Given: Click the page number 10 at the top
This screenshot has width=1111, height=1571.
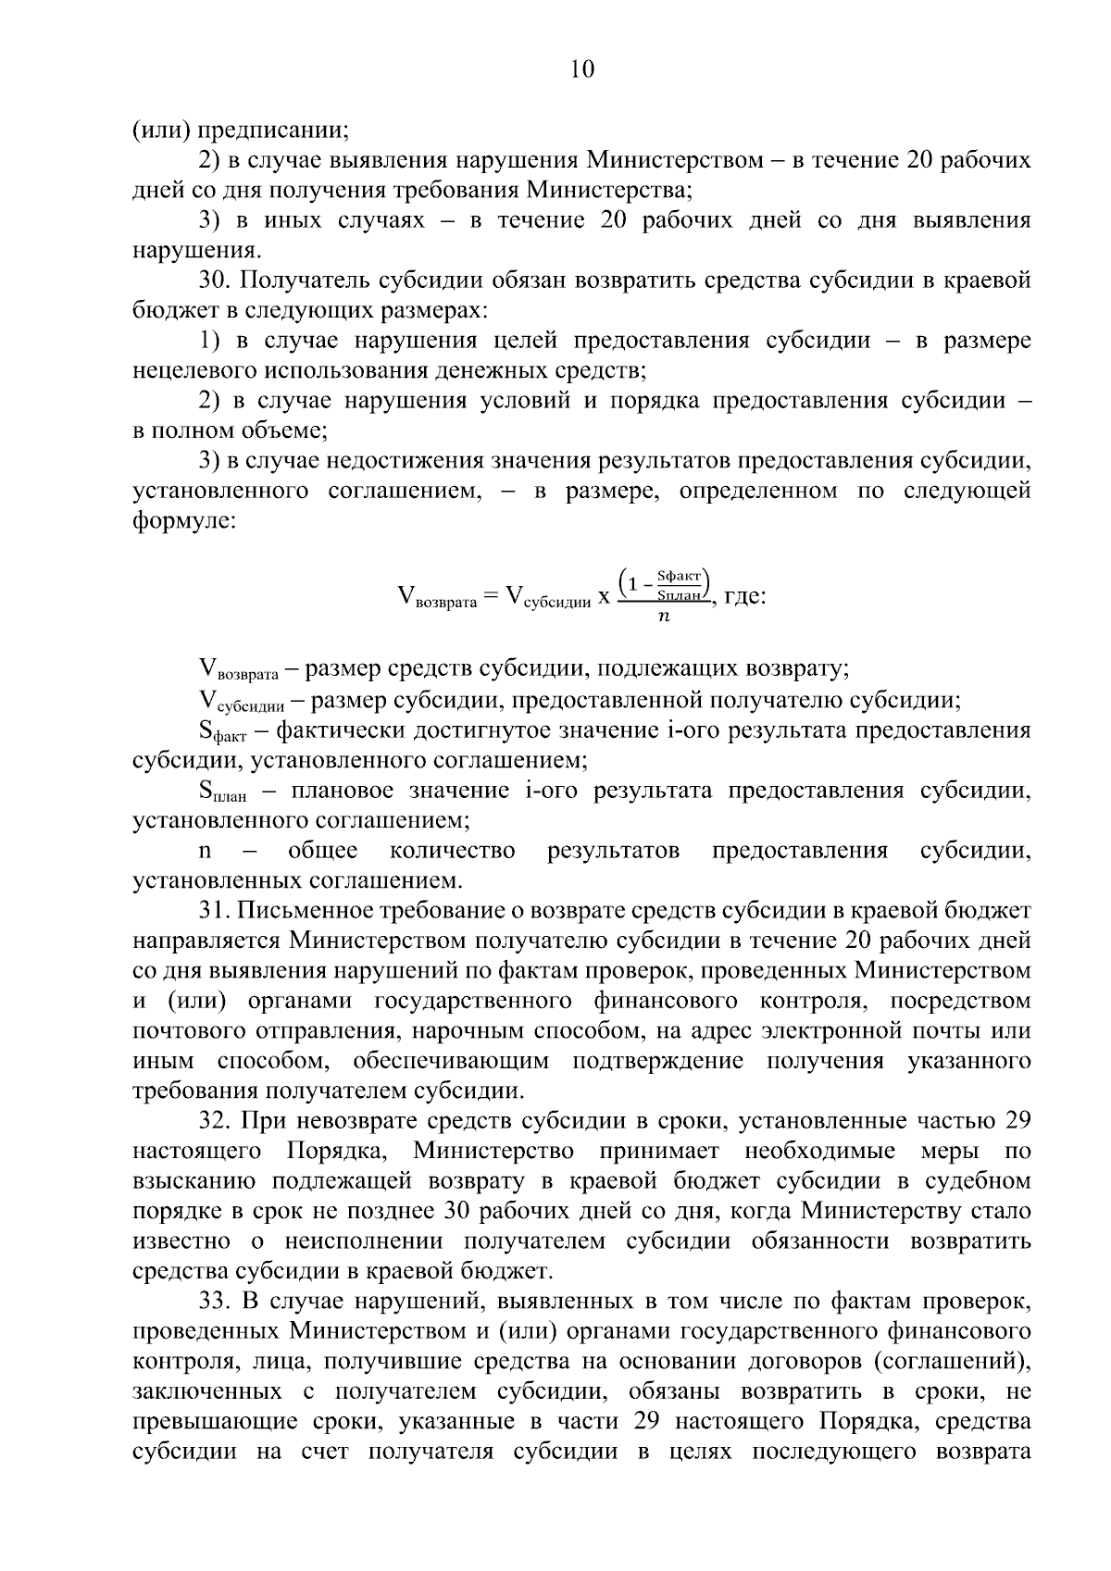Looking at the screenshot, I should click(x=582, y=69).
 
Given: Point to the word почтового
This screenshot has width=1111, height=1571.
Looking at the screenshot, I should click(x=190, y=1030).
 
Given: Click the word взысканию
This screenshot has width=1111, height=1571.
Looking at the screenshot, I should click(x=193, y=1181).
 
